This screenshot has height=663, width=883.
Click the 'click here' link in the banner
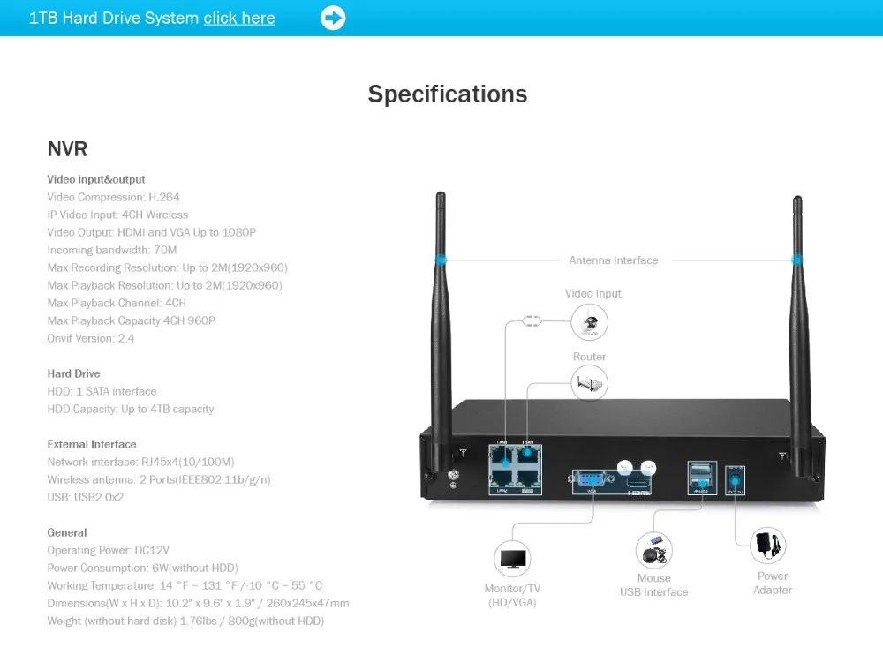(239, 18)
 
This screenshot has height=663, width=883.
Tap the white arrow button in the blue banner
(333, 18)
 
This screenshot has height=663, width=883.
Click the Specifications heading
(448, 94)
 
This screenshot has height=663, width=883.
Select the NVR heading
(67, 149)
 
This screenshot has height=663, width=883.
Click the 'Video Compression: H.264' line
(113, 197)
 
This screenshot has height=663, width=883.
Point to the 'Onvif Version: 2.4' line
(91, 338)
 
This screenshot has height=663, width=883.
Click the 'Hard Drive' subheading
(73, 373)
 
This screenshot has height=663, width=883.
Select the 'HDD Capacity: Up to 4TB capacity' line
(131, 409)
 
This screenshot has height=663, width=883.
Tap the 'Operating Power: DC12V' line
(108, 550)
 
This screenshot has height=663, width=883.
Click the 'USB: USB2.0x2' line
(86, 497)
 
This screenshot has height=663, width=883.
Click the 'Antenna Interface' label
(614, 260)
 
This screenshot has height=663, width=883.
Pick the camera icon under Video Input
(590, 322)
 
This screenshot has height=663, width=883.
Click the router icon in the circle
(589, 384)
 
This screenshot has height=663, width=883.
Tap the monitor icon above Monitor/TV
(512, 559)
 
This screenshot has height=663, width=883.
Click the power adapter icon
(769, 546)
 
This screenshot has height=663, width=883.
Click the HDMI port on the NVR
(638, 483)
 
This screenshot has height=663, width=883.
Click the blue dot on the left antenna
(439, 260)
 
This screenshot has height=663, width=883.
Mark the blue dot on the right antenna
(797, 260)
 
